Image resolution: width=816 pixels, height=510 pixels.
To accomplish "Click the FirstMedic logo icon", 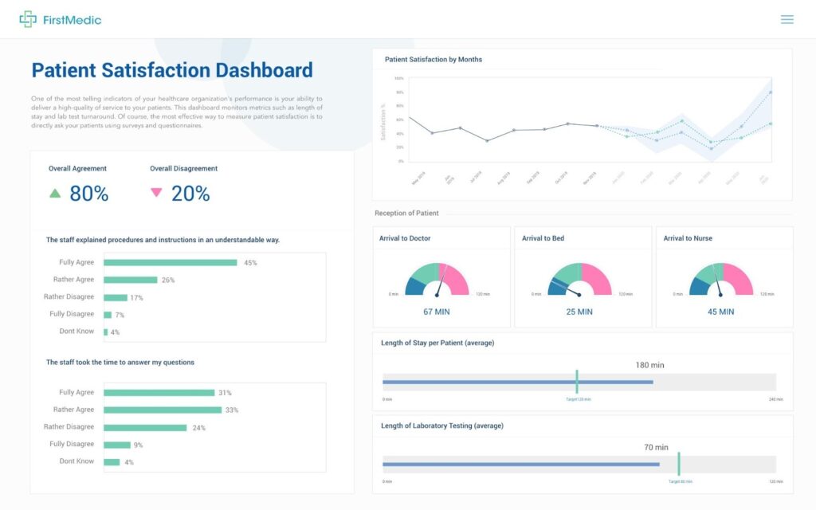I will pos(28,19).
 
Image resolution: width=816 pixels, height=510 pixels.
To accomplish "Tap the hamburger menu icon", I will pos(787,19).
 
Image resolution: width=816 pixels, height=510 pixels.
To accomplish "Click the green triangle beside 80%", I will pos(55,193).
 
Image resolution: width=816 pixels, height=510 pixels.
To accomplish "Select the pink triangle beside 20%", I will pos(156,193).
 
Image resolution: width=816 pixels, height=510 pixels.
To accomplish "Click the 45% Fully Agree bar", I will pos(170,262).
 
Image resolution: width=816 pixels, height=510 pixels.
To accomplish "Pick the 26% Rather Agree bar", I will pos(130,280).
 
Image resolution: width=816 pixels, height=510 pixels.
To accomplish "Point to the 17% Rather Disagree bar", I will pos(116,297).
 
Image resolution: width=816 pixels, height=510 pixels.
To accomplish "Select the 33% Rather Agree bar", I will pos(163,410).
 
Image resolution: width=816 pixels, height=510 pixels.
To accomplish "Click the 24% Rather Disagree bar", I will pos(145,427).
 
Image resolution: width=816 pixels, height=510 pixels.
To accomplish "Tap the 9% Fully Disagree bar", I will pos(117,445).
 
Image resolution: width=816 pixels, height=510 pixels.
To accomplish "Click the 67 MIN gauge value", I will pos(439,312).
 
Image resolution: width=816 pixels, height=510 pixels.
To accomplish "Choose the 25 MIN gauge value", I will pos(579,312).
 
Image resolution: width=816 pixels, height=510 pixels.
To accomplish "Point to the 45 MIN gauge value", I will pos(721,312).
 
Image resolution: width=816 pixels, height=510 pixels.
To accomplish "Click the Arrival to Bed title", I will pos(543,238).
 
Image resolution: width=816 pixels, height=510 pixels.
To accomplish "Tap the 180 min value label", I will pos(649,365).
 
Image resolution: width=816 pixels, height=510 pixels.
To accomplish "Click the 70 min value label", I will pos(656,447).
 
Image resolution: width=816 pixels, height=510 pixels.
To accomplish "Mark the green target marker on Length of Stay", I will pos(577,381).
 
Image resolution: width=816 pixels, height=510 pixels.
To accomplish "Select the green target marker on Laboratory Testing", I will pos(679,464).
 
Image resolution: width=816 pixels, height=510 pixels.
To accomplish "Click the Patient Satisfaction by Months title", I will pos(433,60).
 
